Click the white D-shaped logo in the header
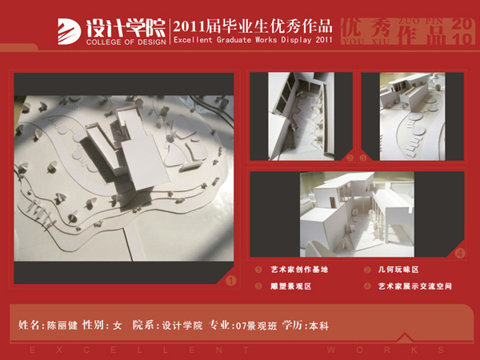click(69, 30)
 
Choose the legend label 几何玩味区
click(398, 270)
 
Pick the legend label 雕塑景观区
click(290, 286)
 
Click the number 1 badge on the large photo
click(230, 281)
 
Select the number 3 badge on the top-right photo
click(364, 158)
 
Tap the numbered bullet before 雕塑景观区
click(258, 286)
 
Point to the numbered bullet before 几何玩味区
click(367, 270)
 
